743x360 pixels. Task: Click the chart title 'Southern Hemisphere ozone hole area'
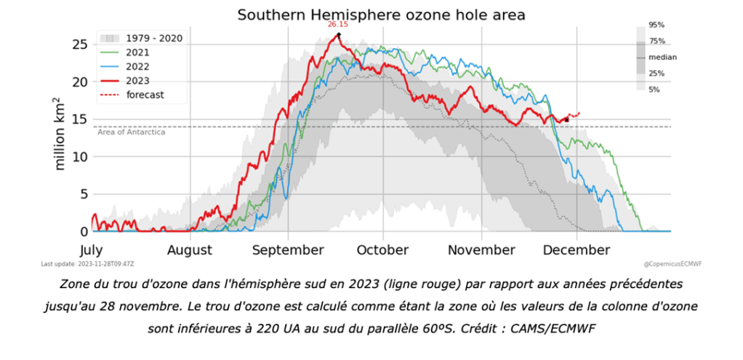tap(381, 15)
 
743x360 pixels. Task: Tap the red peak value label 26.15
tap(337, 25)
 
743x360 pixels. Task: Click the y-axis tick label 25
tap(81, 44)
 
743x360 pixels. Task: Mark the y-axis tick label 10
tap(81, 157)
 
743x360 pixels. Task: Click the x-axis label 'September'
tap(288, 250)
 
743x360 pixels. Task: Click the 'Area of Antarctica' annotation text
tap(131, 132)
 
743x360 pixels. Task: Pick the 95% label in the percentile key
tap(656, 25)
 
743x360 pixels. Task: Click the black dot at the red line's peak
tap(339, 34)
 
